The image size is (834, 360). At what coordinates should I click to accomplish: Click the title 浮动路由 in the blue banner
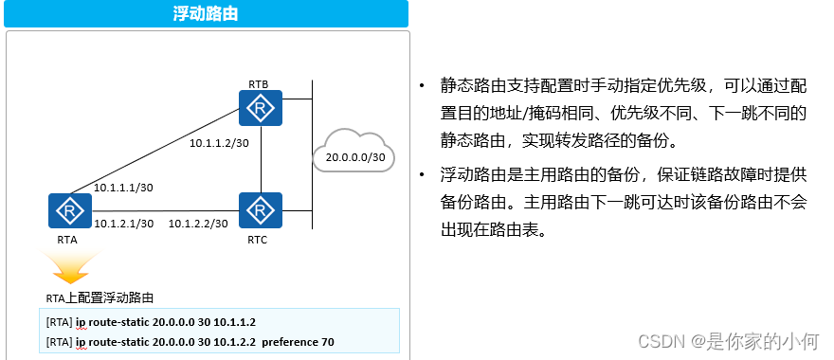206,14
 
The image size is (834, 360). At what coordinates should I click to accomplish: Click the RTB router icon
261,109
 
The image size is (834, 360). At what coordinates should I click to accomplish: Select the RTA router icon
68,211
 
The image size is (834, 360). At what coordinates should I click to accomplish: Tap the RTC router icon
261,210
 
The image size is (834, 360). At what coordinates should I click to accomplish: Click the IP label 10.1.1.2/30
219,143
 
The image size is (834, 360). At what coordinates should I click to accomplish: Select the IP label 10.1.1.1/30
124,189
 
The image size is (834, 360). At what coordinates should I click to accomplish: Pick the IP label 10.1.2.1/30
124,224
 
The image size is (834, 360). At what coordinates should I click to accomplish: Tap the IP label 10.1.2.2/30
198,224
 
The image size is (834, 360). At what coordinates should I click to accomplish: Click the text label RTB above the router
258,84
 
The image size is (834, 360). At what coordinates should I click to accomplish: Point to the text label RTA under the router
67,240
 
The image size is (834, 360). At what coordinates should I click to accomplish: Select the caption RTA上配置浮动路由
99,297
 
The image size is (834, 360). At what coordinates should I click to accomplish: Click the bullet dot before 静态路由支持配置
422,86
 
